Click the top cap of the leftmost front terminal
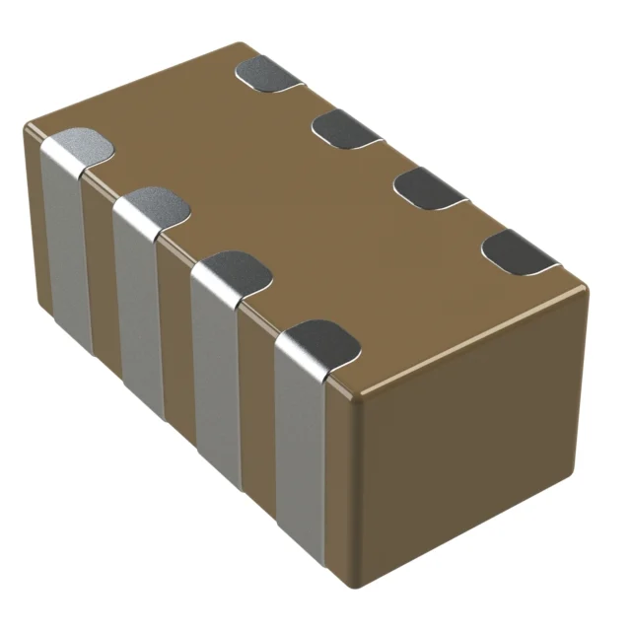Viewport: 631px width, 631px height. tap(81, 148)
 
